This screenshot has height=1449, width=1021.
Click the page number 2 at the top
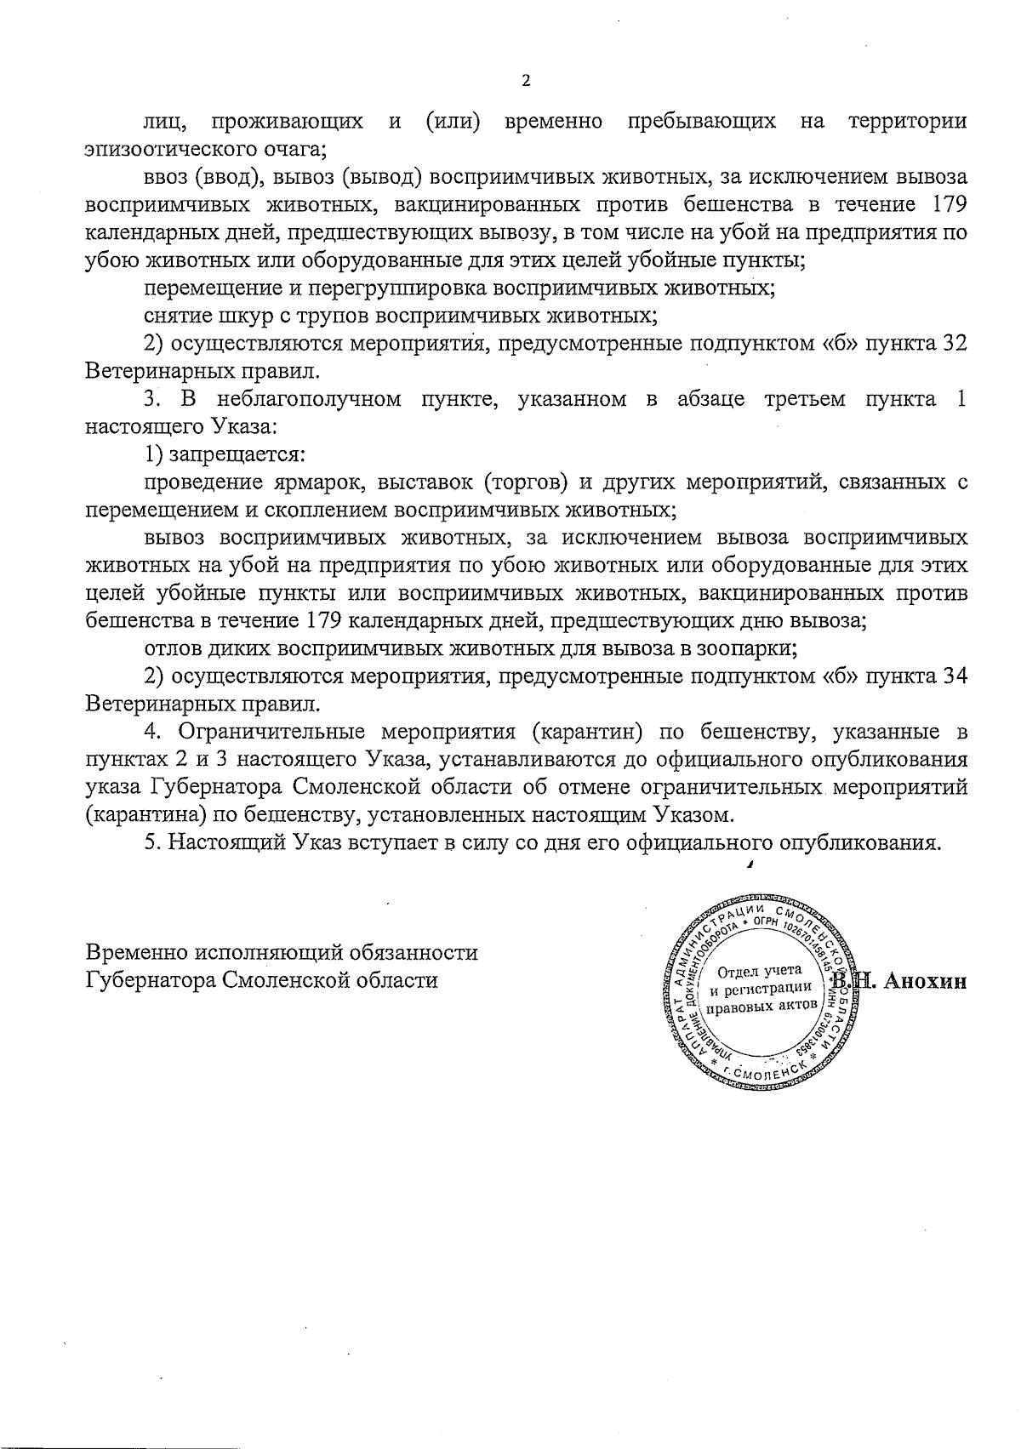pos(525,82)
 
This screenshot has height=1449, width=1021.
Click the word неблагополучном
pos(310,399)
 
